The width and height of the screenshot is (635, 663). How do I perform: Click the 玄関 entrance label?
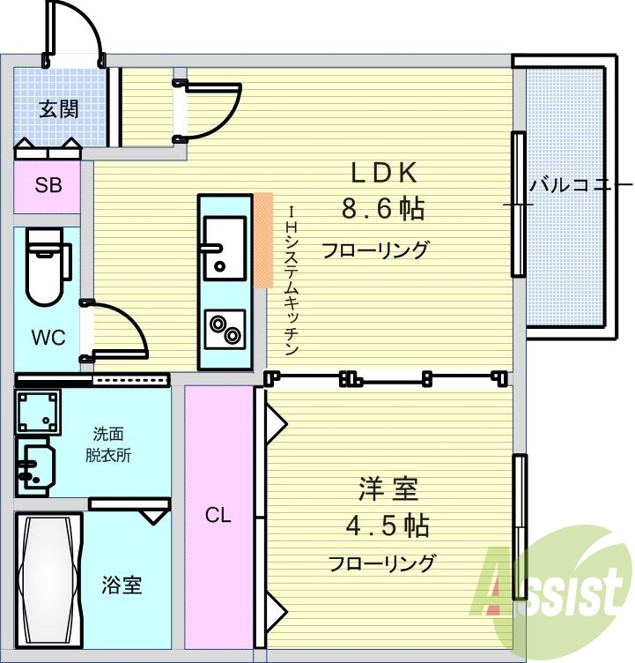59,110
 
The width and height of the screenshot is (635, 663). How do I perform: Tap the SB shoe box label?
48,185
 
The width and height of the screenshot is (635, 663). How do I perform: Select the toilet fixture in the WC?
47,266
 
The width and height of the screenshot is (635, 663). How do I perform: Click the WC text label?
48,338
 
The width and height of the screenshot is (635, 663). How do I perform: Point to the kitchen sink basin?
225,249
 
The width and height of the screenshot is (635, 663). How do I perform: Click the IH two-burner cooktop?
225,330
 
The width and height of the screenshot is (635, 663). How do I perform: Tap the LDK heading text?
384,173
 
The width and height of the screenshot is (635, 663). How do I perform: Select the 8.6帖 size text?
383,208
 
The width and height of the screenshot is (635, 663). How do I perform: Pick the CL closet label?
218,515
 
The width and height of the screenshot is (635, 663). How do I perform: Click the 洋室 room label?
388,489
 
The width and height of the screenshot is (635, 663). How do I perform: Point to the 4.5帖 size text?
388,526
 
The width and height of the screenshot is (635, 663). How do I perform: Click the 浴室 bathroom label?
122,585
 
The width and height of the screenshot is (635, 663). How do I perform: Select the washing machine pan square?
38,413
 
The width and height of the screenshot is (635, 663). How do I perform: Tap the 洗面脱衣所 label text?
108,444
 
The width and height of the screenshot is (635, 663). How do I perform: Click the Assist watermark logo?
551,592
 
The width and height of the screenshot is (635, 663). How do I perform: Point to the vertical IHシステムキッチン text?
292,279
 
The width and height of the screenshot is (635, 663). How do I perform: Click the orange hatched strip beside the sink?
263,240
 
